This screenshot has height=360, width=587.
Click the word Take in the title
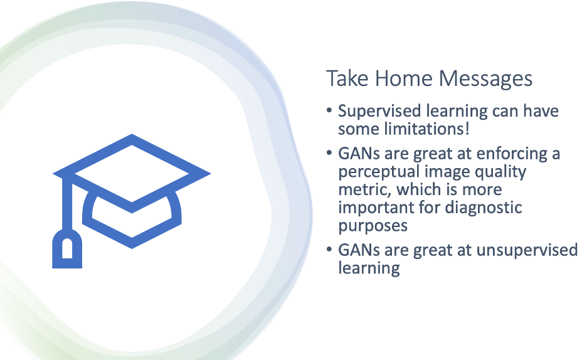347,78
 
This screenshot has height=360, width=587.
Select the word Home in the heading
403,78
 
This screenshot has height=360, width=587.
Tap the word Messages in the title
485,79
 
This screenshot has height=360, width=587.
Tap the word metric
364,189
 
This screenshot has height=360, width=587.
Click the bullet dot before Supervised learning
329,111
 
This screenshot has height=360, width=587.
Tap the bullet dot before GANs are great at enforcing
329,153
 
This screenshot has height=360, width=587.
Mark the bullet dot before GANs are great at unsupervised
329,250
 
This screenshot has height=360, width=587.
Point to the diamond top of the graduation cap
132,173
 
